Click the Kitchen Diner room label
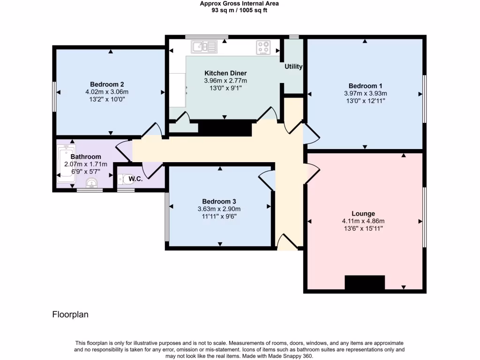pos(225,73)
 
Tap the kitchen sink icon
pos(204,46)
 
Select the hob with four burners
pos(263,47)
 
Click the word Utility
pos(293,67)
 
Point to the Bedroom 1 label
pos(365,86)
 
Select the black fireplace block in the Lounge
pos(365,283)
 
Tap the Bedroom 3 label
pos(219,202)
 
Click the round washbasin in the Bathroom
pos(92,183)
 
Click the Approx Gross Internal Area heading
pos(239,4)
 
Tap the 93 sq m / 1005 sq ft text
pos(239,10)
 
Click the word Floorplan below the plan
pos(70,315)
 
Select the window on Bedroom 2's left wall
pos(54,97)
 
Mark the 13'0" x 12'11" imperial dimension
pos(365,101)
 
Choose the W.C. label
pos(136,179)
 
